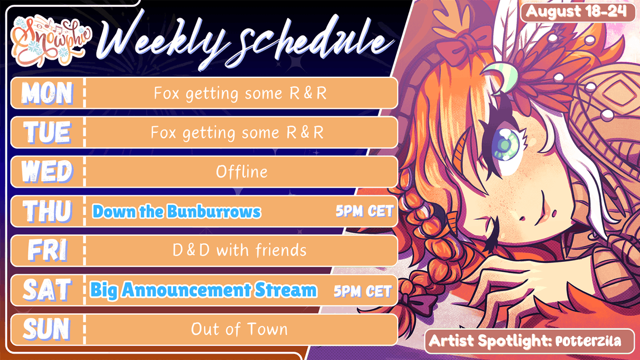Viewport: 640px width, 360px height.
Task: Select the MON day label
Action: point(47,93)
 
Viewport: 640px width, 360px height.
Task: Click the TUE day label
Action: point(47,132)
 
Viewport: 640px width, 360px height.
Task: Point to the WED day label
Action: point(47,172)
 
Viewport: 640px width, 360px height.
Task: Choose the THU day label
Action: point(47,211)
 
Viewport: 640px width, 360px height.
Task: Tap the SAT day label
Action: point(47,290)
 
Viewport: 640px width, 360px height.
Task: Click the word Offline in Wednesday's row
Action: point(242,172)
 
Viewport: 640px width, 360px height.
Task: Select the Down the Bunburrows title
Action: point(177,212)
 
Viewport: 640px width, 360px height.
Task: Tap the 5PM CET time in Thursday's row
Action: point(364,212)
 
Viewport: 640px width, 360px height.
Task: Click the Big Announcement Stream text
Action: point(203,291)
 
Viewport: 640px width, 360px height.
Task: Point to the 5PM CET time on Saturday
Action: point(363,291)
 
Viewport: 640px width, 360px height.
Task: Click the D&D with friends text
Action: point(239,251)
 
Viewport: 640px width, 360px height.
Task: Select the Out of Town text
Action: point(239,330)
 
